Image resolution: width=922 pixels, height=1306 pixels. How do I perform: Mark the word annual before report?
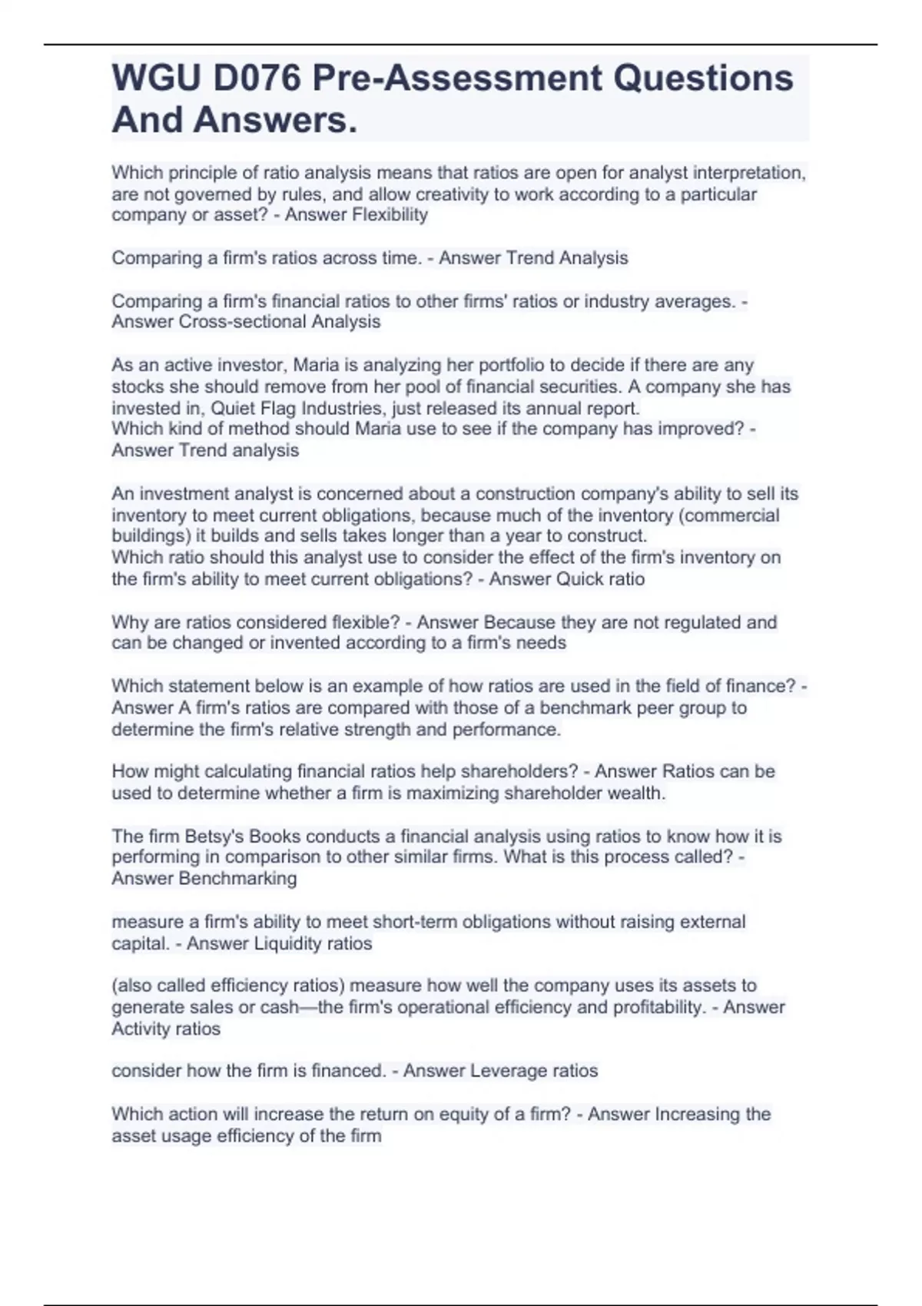[559, 408]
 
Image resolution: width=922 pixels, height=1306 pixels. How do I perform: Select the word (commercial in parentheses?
[731, 515]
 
